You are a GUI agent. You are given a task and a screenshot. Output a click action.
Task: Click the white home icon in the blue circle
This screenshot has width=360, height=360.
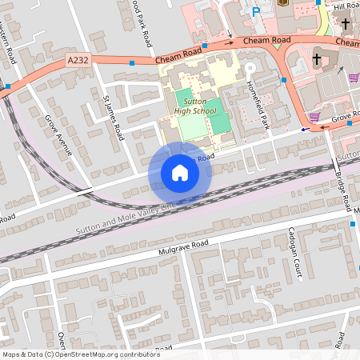click(180, 173)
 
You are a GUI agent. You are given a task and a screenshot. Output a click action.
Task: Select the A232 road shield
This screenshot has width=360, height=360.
click(78, 60)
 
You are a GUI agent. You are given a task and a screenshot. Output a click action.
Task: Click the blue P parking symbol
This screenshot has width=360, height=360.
click(256, 12)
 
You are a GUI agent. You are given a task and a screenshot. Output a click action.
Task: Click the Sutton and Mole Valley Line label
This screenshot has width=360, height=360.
click(126, 217)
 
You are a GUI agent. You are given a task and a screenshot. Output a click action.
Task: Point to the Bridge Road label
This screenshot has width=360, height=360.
click(342, 192)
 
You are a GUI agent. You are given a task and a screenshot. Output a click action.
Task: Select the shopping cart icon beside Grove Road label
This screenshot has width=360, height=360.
click(315, 117)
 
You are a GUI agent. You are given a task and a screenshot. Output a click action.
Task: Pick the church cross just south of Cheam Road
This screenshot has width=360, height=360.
click(317, 59)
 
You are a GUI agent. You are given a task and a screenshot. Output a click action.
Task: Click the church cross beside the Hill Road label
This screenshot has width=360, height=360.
click(345, 24)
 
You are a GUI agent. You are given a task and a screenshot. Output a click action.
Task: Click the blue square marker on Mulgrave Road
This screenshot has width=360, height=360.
click(353, 226)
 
